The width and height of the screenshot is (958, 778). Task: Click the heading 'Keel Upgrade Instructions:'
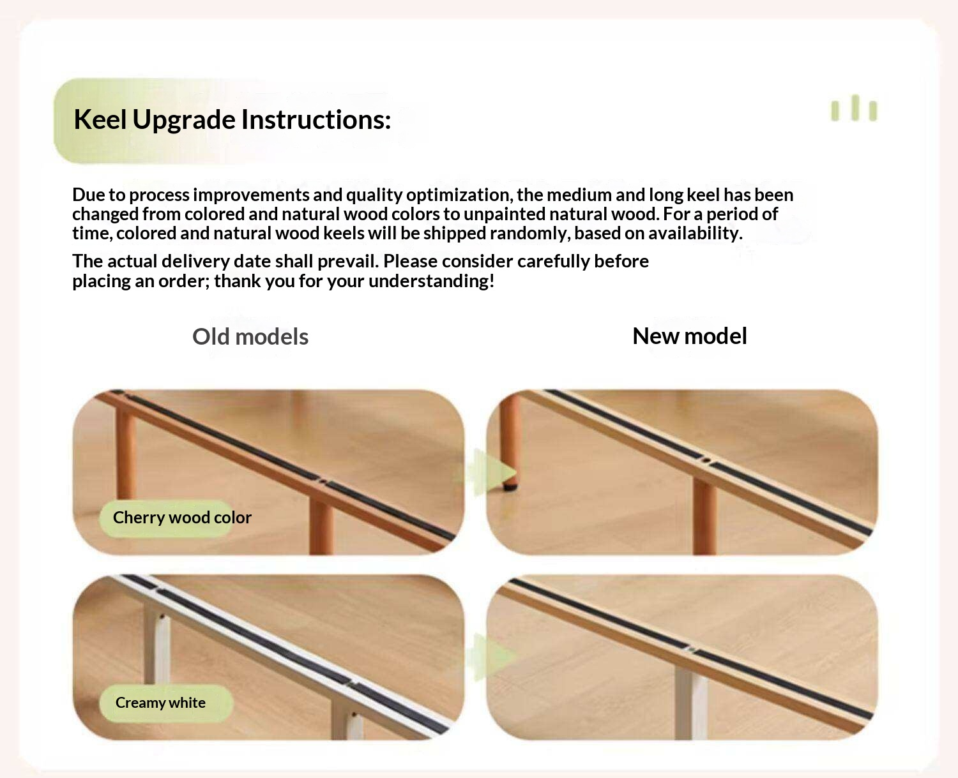(x=232, y=120)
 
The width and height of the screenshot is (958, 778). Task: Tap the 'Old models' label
(x=250, y=336)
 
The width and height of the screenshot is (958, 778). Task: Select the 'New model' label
(x=690, y=336)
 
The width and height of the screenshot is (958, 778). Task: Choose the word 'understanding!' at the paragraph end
(x=431, y=282)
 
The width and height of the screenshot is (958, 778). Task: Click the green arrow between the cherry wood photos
(x=488, y=472)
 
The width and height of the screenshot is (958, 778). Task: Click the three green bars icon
(x=854, y=108)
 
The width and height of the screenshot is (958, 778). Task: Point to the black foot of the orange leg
(x=510, y=487)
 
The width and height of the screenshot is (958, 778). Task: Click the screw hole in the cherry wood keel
(x=323, y=481)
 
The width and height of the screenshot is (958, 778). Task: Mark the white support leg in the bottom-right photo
(x=691, y=703)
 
